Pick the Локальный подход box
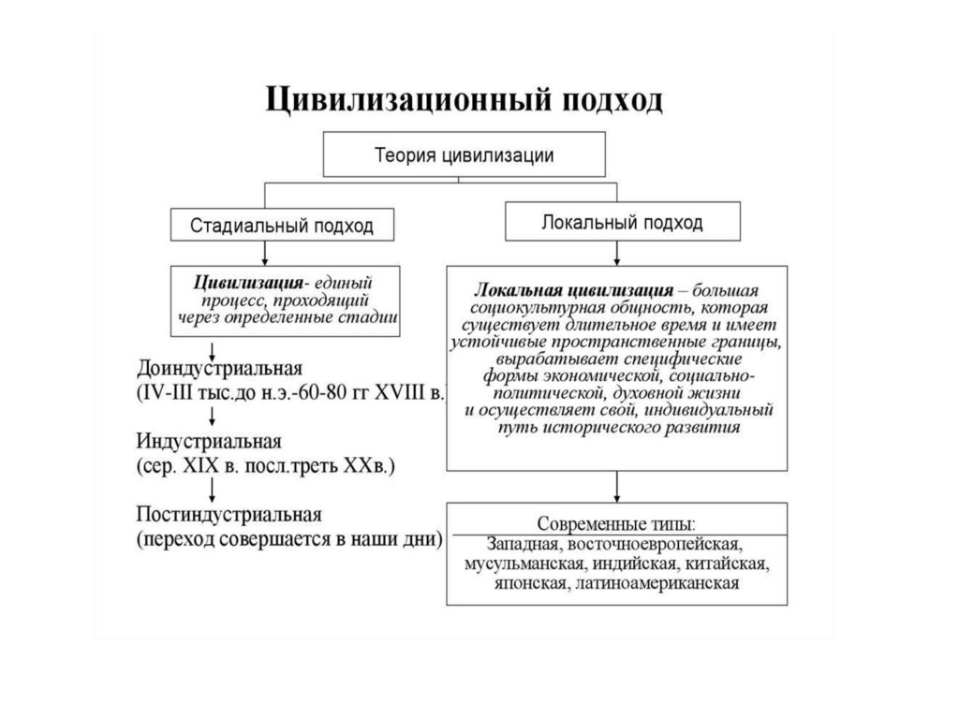tap(622, 224)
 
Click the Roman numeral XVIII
tap(400, 390)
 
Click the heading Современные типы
tap(615, 521)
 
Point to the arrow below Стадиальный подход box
tap(266, 253)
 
